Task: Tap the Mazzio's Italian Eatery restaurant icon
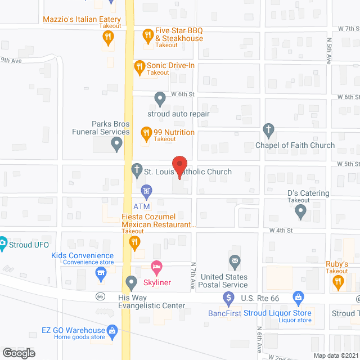coord(107,38)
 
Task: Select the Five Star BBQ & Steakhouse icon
coord(148,36)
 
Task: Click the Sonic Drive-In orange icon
coord(139,68)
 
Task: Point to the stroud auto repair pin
coord(160,100)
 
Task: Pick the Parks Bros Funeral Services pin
coord(117,145)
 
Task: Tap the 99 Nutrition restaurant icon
coord(146,133)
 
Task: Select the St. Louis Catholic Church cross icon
coord(137,170)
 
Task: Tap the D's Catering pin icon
coord(300,212)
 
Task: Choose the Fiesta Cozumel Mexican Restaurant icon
coord(134,243)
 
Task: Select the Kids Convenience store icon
coord(101,274)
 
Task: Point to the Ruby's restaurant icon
coord(338,283)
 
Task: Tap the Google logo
coord(18,353)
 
